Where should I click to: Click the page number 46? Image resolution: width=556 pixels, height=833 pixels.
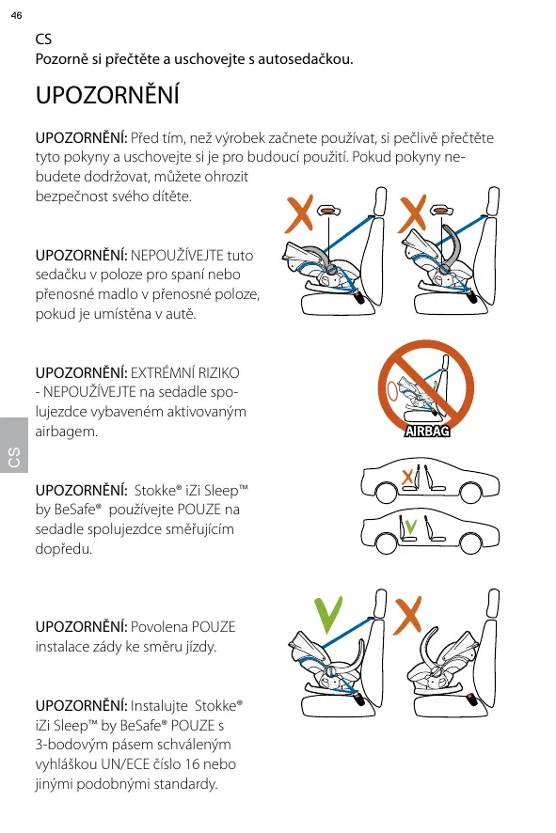tap(17, 15)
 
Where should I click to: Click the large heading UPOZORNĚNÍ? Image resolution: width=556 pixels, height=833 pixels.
tap(107, 94)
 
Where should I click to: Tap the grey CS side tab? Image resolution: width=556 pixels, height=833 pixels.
tap(14, 446)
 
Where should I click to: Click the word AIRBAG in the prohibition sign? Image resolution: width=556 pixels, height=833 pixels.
tap(427, 432)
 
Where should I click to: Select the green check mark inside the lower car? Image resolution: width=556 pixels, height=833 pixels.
tap(410, 527)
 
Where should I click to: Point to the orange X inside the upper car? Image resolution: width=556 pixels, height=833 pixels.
tap(407, 477)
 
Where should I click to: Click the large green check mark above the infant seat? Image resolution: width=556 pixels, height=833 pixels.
tap(328, 615)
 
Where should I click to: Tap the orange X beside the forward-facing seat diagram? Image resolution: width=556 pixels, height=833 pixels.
tap(407, 615)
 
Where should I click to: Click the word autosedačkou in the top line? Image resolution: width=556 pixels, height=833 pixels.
tap(305, 59)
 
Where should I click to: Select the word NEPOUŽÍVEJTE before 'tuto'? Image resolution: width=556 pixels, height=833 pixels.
tap(177, 256)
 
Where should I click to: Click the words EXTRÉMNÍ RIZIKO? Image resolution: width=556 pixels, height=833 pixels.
tap(185, 373)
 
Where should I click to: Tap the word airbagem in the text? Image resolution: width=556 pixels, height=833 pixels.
tap(67, 432)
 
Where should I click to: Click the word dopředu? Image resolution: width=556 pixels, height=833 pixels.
tap(64, 549)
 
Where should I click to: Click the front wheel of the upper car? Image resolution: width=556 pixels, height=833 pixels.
tap(386, 493)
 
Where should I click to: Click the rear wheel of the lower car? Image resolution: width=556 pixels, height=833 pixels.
tap(470, 542)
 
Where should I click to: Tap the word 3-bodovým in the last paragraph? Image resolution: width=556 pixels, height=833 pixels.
tap(67, 745)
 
